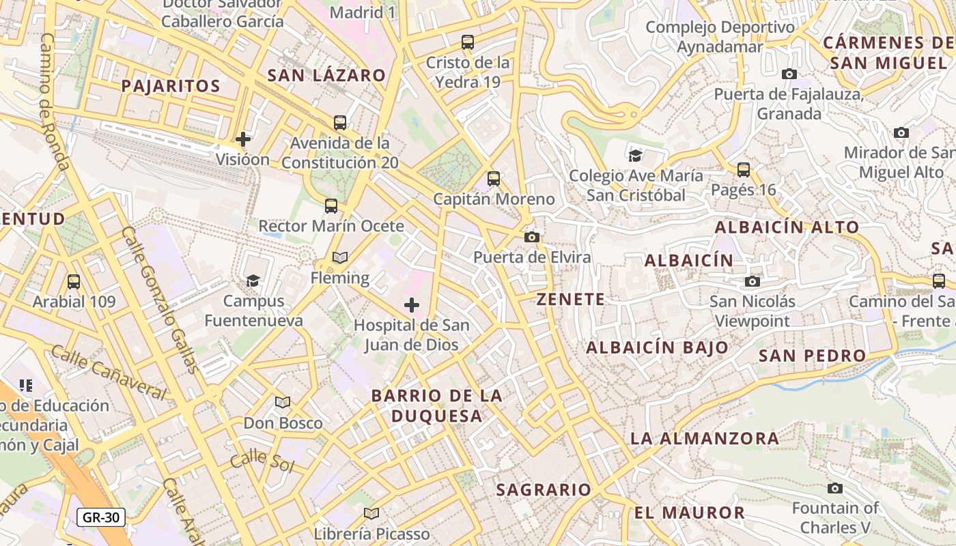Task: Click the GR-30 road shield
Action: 101,517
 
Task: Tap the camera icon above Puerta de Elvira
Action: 532,237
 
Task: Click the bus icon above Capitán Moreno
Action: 494,179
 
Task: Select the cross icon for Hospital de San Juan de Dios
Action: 412,305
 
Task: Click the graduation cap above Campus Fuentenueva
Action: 253,281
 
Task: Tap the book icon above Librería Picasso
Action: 371,513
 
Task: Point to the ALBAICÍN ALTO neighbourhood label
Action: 787,228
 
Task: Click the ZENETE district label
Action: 571,300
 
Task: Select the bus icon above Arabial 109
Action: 74,281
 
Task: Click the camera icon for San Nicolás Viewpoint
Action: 753,281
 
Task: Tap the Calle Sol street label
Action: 262,462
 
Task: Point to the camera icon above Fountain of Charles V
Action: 834,488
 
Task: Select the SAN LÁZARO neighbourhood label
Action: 326,76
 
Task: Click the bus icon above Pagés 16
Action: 744,169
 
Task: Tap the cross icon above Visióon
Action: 243,139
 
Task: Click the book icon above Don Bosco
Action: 283,403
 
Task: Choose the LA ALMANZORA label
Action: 705,439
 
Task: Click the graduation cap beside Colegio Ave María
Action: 636,156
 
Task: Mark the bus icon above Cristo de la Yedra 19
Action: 468,42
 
